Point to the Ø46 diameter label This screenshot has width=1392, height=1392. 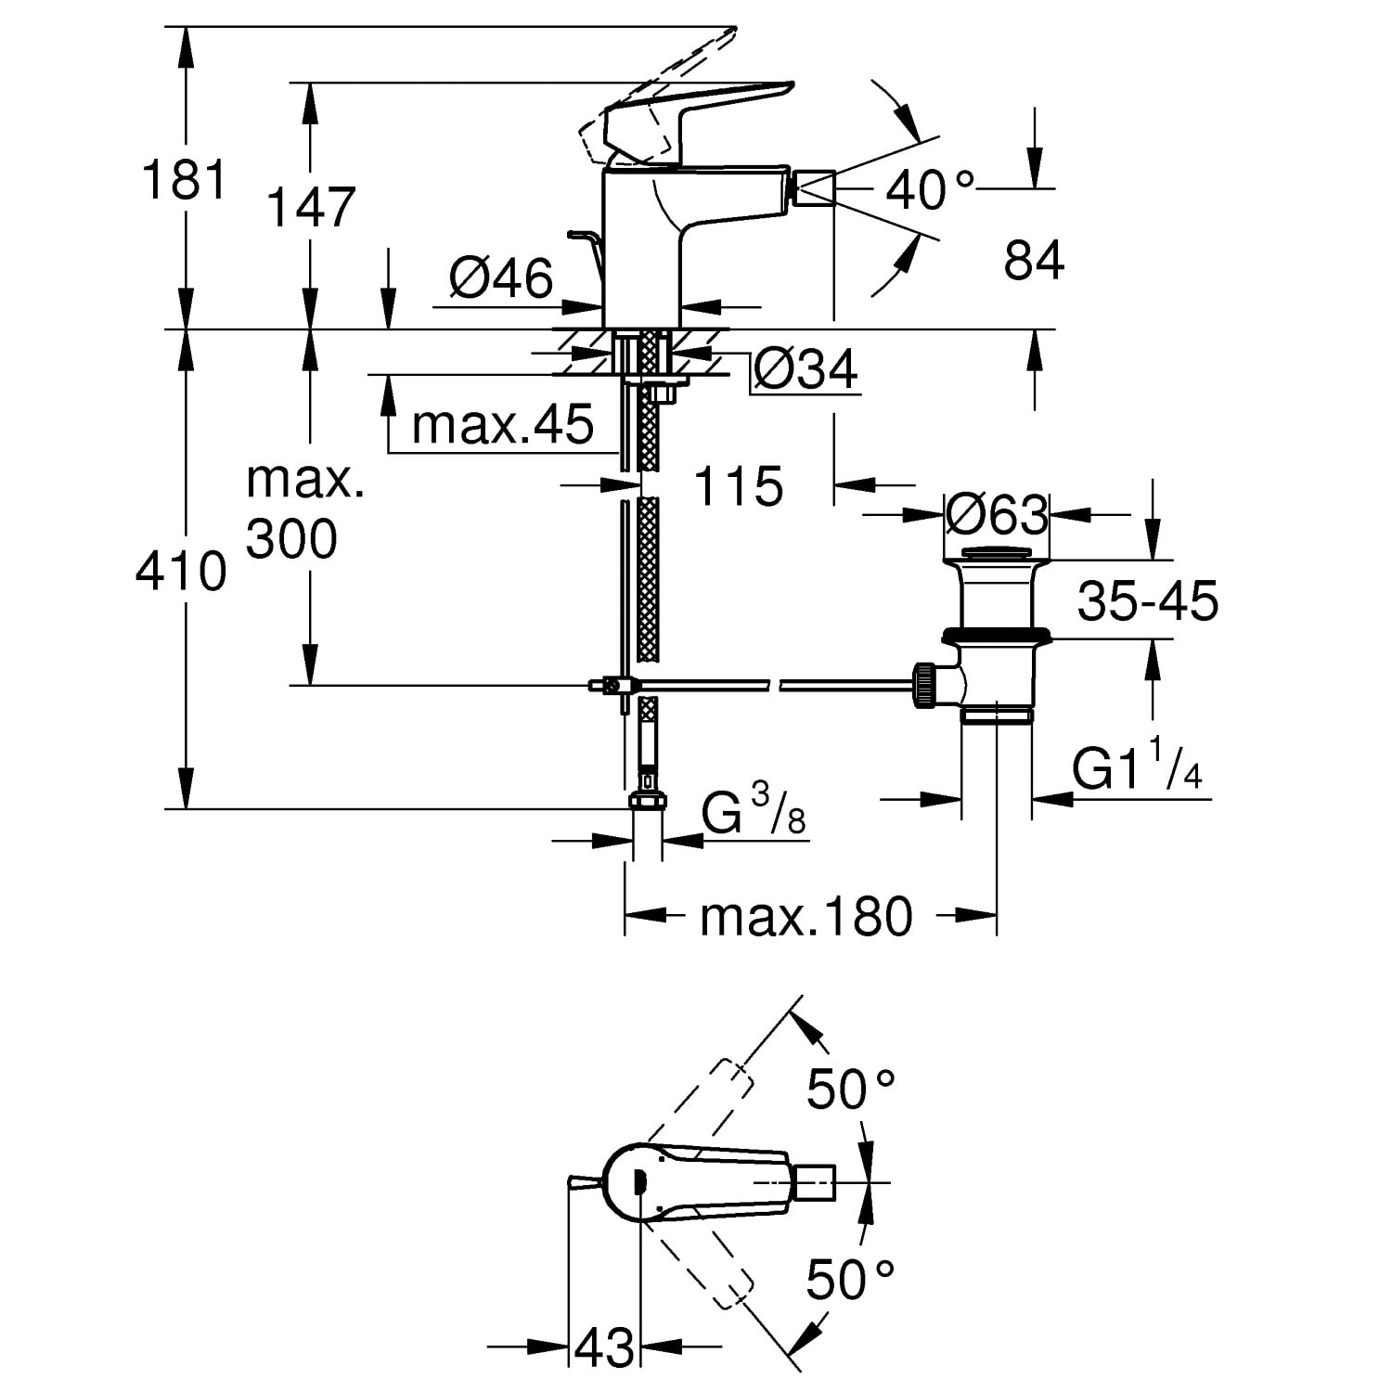[501, 277]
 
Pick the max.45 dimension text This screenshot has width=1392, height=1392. [502, 425]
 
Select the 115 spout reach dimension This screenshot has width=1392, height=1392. [739, 485]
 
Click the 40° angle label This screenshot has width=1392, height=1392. [929, 190]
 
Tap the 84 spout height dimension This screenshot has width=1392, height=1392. [1034, 261]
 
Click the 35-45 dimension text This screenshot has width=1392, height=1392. [1147, 600]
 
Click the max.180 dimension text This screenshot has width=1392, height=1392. [806, 917]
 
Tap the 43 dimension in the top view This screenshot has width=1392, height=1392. [604, 1346]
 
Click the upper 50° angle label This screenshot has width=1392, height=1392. [849, 1089]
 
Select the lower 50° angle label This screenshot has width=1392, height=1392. [849, 1280]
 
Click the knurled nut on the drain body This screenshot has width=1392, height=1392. [925, 686]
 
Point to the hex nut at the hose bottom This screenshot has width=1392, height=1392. [647, 800]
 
